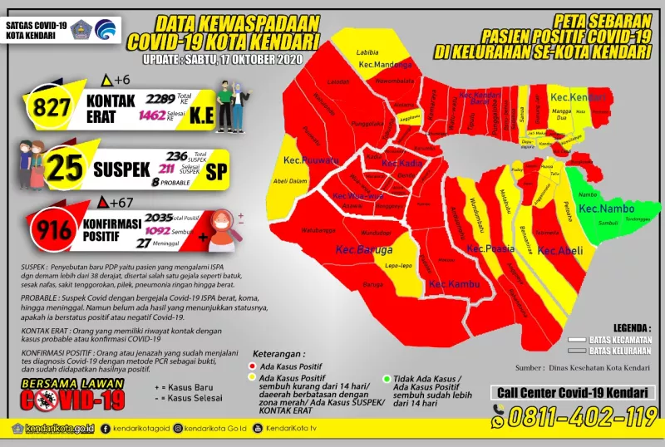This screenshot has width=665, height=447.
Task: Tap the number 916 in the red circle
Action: pyautogui.click(x=57, y=230)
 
